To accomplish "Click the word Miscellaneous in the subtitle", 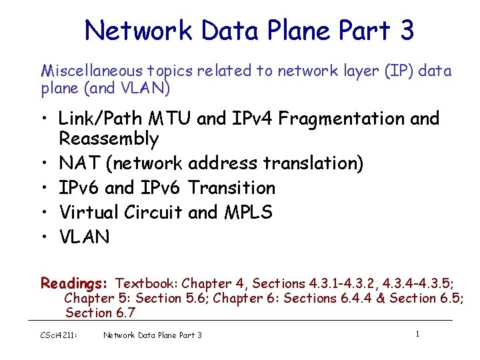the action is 83,70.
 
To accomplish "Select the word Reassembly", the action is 109,139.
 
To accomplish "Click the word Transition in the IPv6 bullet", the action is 231,188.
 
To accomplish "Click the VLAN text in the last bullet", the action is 84,237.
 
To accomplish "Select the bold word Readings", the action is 75,283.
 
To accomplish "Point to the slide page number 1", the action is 417,333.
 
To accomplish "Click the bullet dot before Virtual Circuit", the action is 42,212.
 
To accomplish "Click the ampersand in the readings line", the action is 381,298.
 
